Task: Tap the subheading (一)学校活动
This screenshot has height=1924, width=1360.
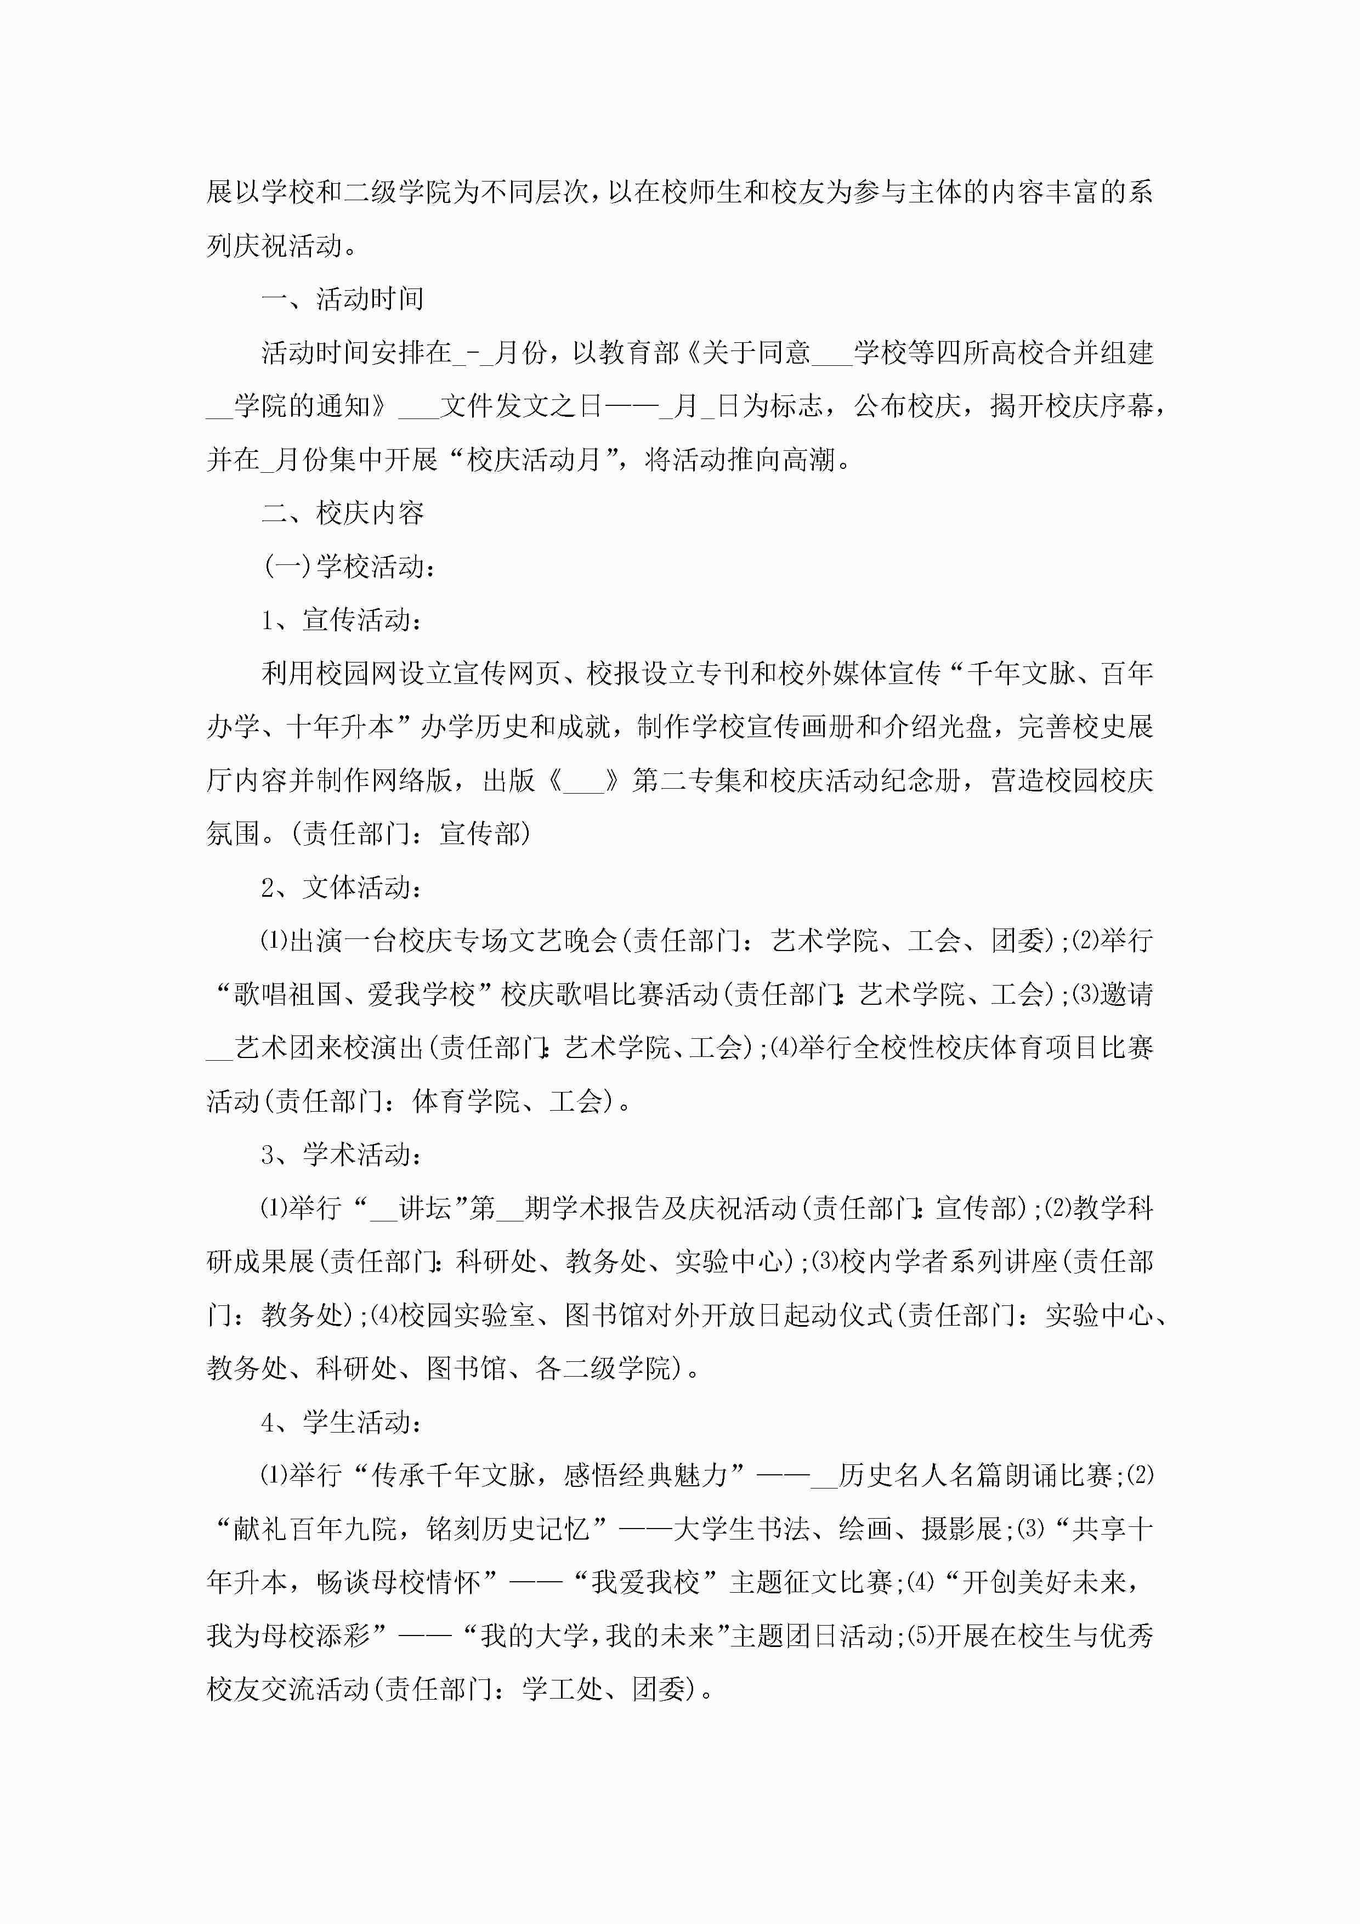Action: (349, 567)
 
